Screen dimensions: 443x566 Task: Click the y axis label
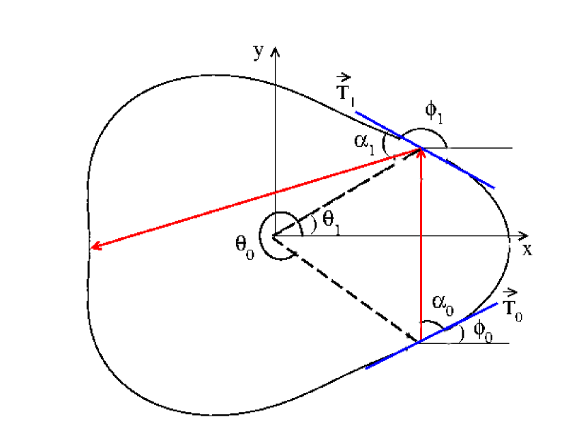point(258,53)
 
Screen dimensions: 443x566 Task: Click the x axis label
point(526,250)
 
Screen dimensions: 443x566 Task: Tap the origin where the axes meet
point(275,235)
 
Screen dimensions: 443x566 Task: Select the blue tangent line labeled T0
point(389,357)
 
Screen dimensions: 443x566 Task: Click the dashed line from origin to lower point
point(348,288)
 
